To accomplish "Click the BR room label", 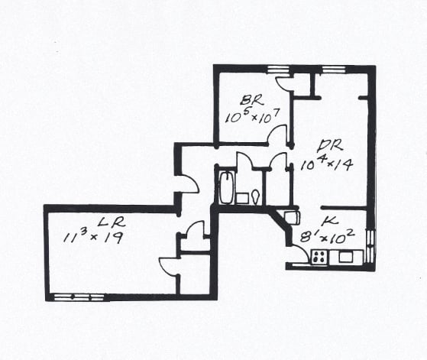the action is [251, 101].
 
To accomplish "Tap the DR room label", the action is [330, 146].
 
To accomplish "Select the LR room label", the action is [112, 222].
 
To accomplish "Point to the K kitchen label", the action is [330, 222].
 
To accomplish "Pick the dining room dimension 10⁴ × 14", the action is [327, 164].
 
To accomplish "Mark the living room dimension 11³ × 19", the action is [92, 236].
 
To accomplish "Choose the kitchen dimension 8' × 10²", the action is [327, 236].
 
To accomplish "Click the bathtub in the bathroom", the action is [226, 187].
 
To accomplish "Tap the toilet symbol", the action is [256, 196].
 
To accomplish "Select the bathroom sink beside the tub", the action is [241, 199].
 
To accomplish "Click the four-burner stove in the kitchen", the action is [319, 257].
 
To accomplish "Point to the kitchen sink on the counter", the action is [346, 257].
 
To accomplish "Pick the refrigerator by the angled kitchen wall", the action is [292, 218].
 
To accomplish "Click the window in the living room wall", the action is [79, 297].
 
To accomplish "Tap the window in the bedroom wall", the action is [278, 70].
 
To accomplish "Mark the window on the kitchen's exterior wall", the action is [370, 247].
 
